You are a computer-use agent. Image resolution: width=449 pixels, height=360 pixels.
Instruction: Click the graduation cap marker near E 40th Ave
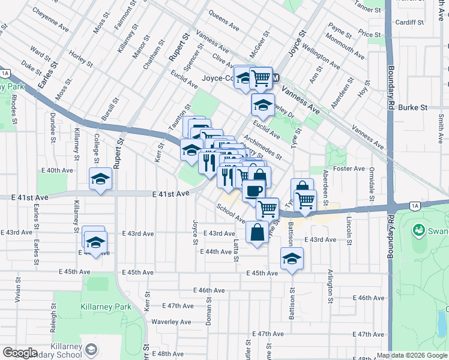tap(101, 178)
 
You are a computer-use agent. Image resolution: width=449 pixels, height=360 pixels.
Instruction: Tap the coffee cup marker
tap(253, 190)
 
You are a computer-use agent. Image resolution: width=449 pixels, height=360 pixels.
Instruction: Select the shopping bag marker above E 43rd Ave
tap(257, 232)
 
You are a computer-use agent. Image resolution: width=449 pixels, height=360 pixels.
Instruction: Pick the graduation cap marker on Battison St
tap(292, 259)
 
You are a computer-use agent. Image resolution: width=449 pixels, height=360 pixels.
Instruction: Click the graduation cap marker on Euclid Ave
tap(262, 104)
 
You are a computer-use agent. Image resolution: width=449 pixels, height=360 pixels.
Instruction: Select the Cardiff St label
tap(410, 22)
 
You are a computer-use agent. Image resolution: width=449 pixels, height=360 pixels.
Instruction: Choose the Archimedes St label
tap(262, 146)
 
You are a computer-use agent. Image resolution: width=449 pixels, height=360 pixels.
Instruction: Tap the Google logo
tap(20, 353)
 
